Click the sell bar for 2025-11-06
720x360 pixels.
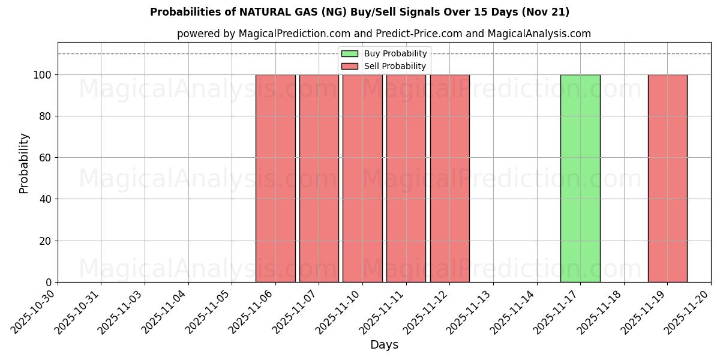(275, 178)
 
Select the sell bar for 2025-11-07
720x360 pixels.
(319, 178)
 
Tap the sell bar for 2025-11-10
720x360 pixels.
(362, 178)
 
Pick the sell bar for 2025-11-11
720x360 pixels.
(406, 178)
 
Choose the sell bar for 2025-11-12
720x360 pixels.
(450, 178)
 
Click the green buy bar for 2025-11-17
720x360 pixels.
(580, 178)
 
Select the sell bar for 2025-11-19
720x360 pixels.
(667, 178)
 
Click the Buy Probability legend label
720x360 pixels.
(395, 53)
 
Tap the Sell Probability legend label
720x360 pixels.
(395, 66)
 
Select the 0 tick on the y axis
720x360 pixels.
(50, 282)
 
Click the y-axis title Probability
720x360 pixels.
(24, 163)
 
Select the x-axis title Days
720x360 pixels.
(384, 345)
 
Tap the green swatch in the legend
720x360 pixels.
(349, 53)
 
